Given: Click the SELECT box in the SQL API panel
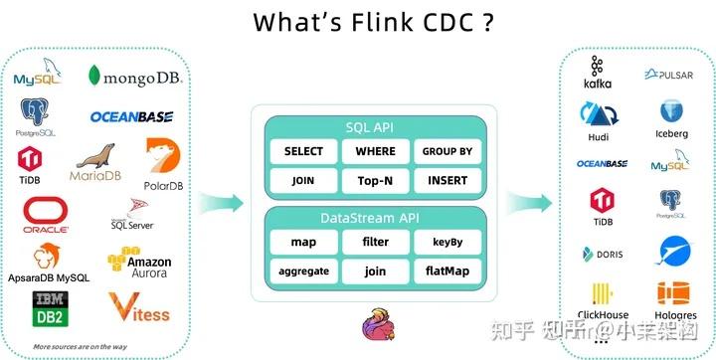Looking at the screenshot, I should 303,151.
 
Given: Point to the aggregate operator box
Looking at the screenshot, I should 303,270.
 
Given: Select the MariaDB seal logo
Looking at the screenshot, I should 94,163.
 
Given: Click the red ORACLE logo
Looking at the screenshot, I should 46,215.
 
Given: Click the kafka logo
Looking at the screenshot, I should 598,74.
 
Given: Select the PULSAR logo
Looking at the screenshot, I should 668,75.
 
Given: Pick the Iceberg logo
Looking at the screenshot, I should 671,117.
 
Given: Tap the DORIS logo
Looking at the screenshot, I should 602,254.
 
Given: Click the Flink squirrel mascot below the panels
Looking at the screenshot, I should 377,324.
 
